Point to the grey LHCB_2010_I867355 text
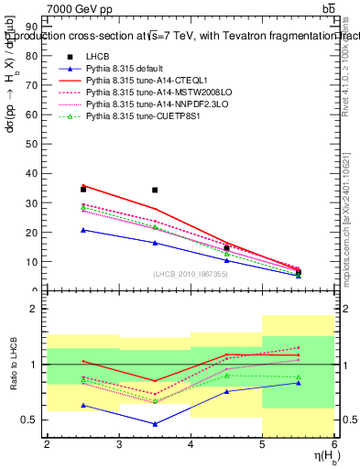(191, 274)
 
